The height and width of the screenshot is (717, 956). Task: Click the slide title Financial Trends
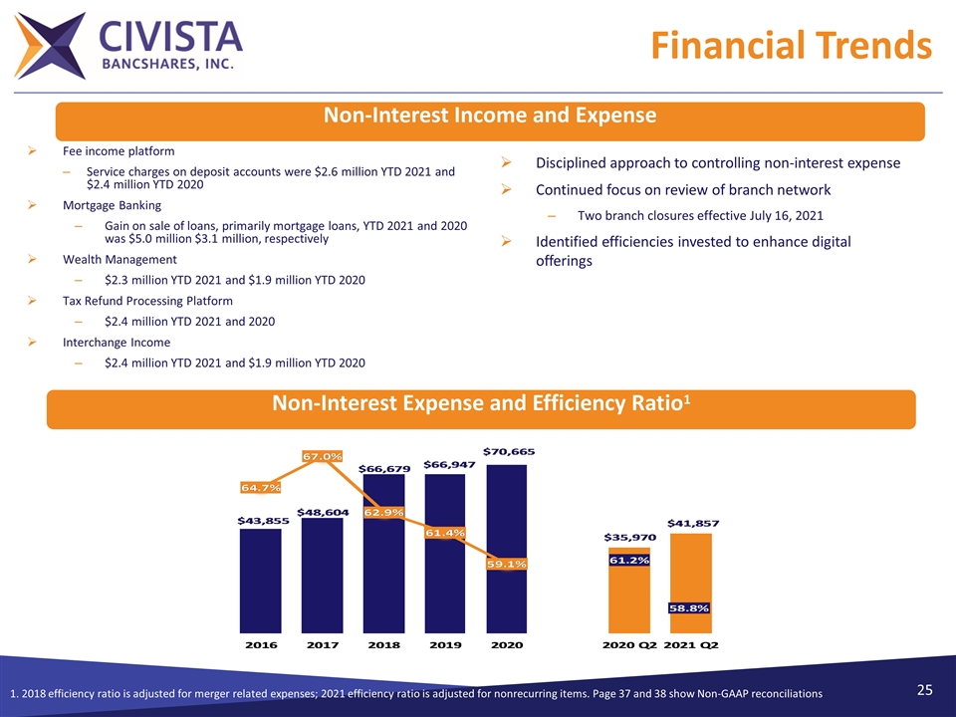pyautogui.click(x=792, y=46)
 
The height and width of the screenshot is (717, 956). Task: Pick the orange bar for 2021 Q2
pyautogui.click(x=691, y=578)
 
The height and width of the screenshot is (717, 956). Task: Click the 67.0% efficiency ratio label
pyautogui.click(x=323, y=456)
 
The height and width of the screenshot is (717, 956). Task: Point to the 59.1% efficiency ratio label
pyautogui.click(x=507, y=564)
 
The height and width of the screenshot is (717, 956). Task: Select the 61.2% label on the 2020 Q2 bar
pyautogui.click(x=629, y=561)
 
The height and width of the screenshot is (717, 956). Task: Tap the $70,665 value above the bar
pyautogui.click(x=509, y=451)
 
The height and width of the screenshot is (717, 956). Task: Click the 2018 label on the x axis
pyautogui.click(x=384, y=645)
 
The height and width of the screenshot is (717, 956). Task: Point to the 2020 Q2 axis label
pyautogui.click(x=629, y=645)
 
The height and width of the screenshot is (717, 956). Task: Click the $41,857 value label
pyautogui.click(x=692, y=523)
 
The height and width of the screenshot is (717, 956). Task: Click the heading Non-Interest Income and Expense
pyautogui.click(x=490, y=116)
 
